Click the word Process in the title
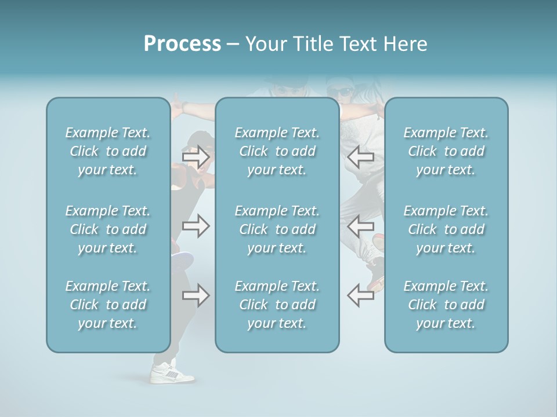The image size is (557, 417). pos(182,44)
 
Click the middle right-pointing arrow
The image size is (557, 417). pos(196,225)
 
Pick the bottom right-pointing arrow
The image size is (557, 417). pos(196,295)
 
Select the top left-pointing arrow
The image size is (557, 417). pos(360,156)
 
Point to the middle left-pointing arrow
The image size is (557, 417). pos(360,225)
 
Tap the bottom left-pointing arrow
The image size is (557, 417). pos(360,295)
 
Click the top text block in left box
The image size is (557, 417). pos(108,151)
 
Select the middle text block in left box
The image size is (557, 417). pos(108,229)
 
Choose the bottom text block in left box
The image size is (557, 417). pos(108,305)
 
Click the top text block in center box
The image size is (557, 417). pos(277,151)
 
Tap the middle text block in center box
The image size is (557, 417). pos(277,229)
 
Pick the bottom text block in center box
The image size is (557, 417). pos(277,305)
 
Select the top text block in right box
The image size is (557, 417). pos(446,151)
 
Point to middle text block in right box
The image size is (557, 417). pos(446,229)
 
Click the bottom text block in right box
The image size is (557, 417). pos(446,305)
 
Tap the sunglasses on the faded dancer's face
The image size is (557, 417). pos(340,92)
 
